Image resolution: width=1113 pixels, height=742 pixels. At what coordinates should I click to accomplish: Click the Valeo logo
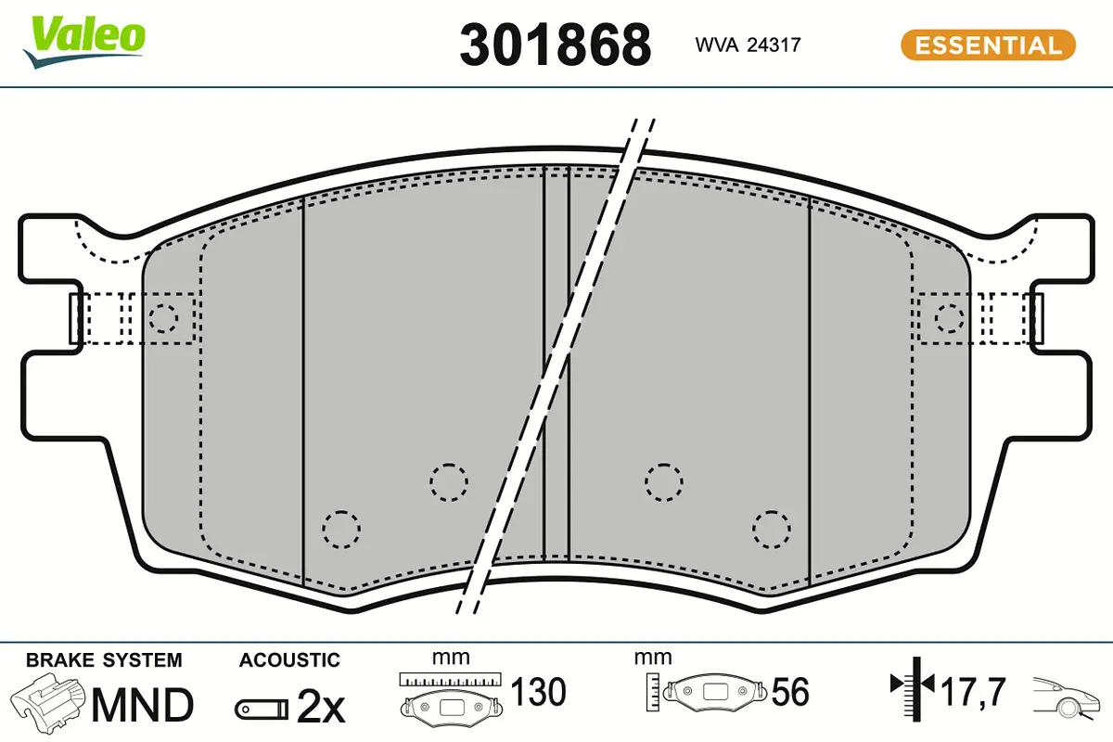click(x=84, y=43)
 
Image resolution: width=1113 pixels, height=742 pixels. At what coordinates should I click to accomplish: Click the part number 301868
click(x=555, y=45)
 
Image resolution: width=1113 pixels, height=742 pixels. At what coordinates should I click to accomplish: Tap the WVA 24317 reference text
click(x=748, y=45)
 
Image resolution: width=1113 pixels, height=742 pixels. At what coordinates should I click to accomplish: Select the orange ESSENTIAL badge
click(x=988, y=45)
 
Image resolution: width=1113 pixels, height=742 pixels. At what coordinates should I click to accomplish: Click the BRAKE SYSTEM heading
click(x=104, y=660)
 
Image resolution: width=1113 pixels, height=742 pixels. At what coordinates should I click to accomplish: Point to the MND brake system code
click(x=143, y=705)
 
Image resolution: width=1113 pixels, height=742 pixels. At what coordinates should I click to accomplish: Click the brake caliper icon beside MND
click(x=47, y=702)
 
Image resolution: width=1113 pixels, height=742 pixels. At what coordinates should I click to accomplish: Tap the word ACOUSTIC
click(x=289, y=660)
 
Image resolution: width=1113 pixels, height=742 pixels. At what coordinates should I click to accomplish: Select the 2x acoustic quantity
click(x=321, y=706)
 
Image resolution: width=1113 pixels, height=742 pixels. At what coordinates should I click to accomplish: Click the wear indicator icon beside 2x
click(x=262, y=710)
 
